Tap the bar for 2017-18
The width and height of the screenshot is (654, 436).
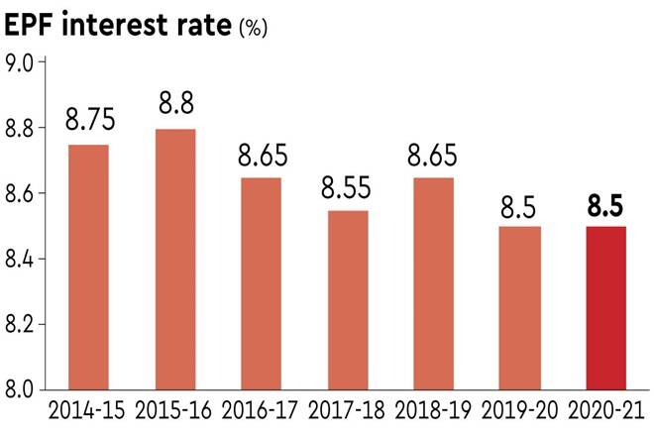[347, 300]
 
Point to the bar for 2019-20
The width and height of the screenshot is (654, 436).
[519, 308]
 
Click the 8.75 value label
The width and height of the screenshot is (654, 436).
[90, 120]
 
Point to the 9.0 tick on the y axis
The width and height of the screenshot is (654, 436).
[21, 63]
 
